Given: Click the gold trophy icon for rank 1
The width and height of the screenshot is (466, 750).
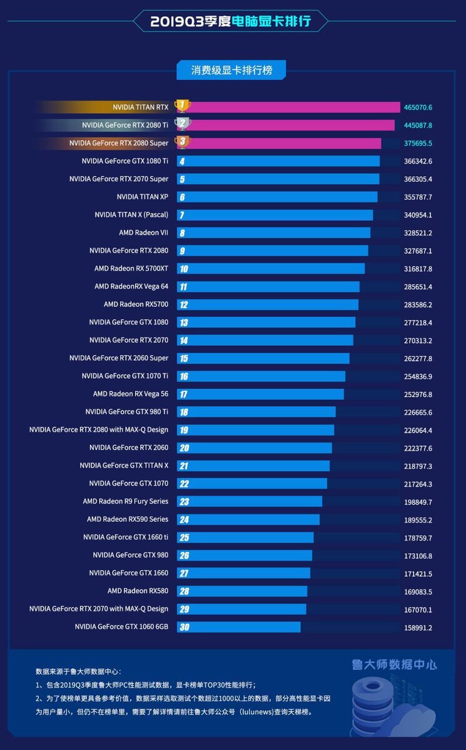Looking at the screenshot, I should pos(182,106).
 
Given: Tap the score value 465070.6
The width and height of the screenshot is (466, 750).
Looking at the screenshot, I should pos(418,107).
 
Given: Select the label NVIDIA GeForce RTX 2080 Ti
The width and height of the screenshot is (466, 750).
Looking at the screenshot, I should pos(125,125).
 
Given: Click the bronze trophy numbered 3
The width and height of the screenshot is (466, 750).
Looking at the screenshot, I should pos(182,142).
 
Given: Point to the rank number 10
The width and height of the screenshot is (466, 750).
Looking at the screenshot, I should pos(183,269).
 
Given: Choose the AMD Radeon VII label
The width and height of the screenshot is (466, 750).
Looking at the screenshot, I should pos(143,232).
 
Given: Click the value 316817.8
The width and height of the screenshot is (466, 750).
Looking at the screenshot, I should pos(418,269).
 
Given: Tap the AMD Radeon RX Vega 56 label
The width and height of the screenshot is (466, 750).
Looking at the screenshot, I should pos(131,394).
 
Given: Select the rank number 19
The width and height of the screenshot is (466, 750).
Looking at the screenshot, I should pos(183,430).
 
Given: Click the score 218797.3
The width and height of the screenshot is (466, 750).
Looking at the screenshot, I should pos(418,466).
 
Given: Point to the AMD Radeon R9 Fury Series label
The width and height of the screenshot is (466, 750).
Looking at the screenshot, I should pos(126,501).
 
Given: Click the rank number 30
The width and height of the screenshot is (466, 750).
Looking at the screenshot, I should pos(183,627).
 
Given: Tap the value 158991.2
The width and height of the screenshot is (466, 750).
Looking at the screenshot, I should pos(418,627).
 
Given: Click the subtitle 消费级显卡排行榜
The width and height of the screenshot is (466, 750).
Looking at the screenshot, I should pos(231,70).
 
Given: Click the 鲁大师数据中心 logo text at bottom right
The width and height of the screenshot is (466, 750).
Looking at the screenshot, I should pos(394,664).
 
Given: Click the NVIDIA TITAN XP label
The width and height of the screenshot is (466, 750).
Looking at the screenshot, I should pos(143,197).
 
